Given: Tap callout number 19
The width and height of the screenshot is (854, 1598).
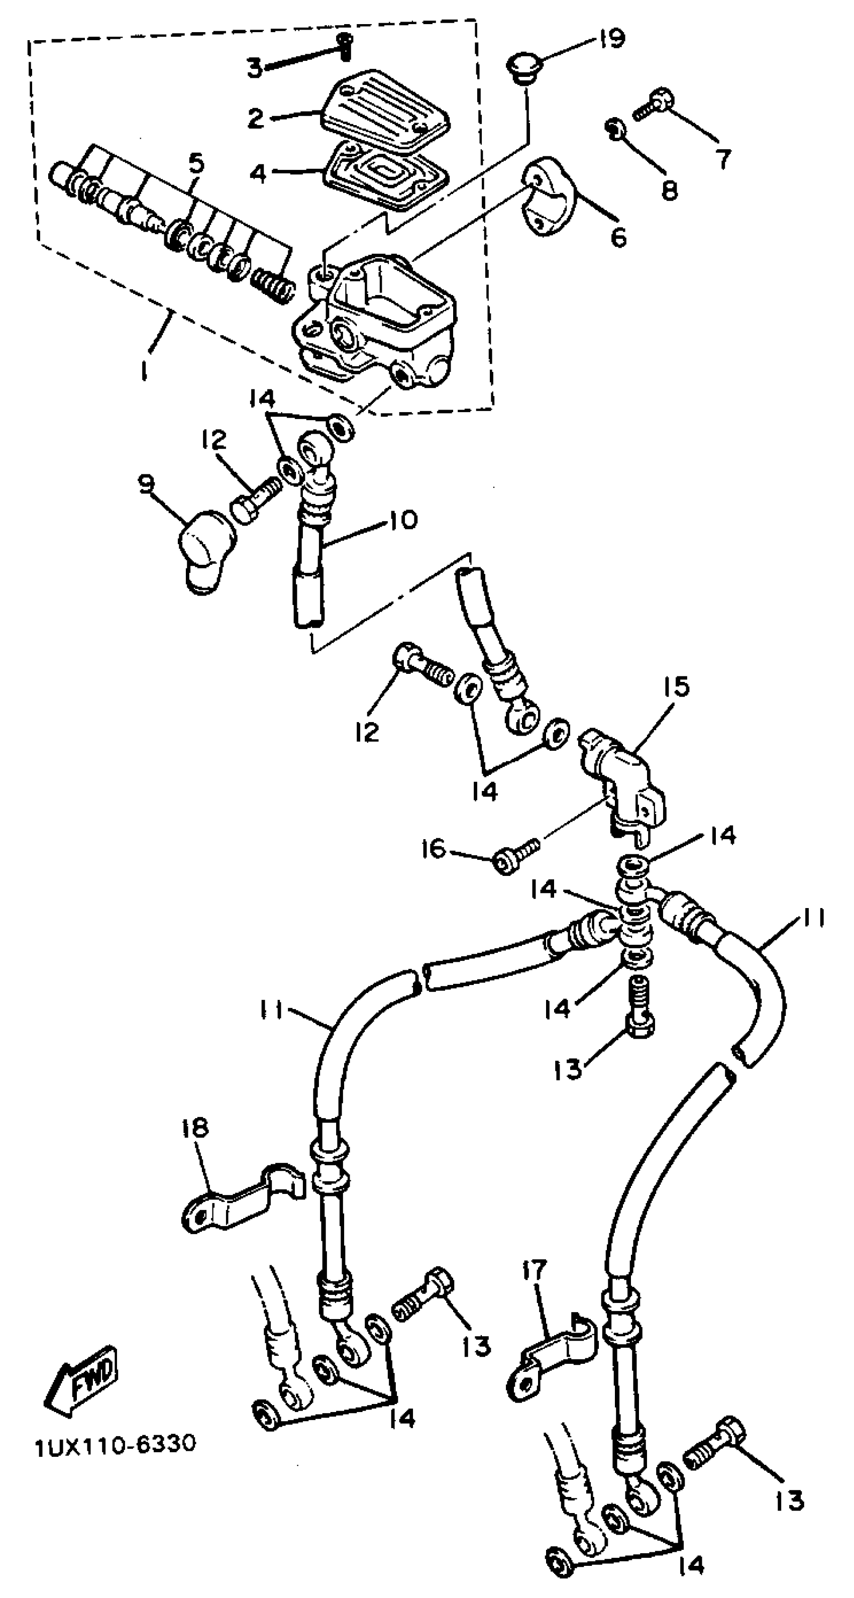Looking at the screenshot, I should [x=611, y=39].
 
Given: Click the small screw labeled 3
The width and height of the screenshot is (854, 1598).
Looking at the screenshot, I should [x=345, y=47].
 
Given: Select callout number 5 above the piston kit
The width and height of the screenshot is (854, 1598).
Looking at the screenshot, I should [x=195, y=164].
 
